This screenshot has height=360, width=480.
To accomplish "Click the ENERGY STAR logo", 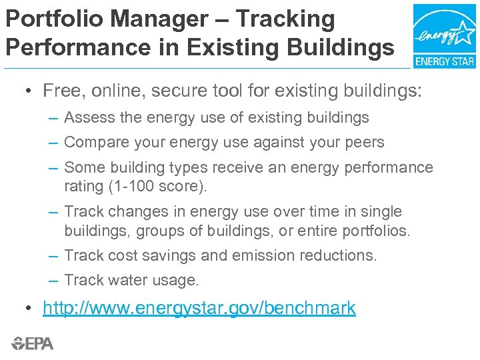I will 444,36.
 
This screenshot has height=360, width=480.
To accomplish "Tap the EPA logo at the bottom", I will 32,343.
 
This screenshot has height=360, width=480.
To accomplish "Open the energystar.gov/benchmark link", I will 199,308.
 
